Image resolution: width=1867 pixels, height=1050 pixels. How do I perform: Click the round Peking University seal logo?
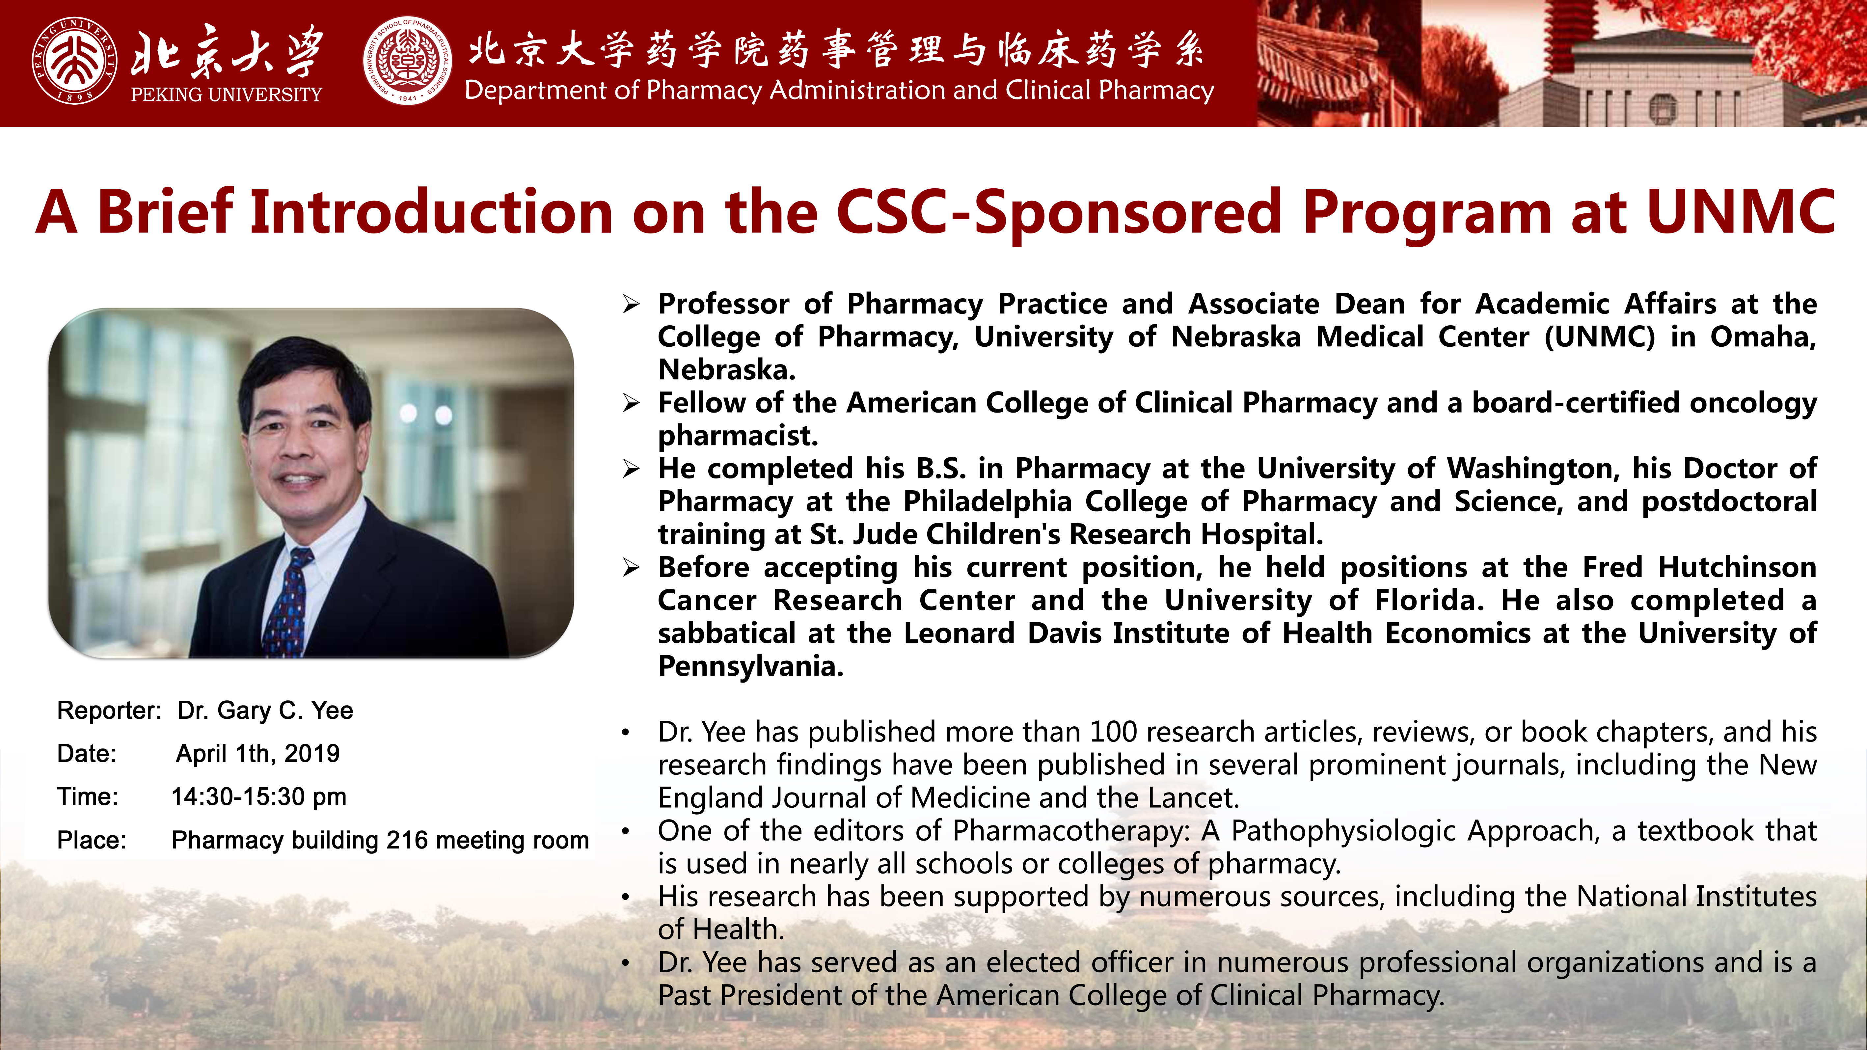(x=75, y=61)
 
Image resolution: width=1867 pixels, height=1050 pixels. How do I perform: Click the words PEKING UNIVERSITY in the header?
(x=226, y=94)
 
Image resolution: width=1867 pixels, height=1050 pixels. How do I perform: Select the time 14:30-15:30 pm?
(x=259, y=797)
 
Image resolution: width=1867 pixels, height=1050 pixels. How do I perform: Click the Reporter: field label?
(x=109, y=711)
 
